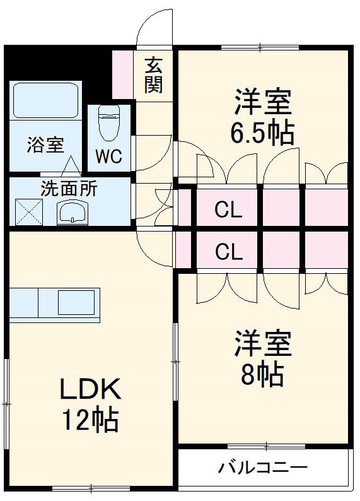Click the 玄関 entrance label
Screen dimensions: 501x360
[153, 74]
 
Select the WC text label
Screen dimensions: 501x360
[108, 156]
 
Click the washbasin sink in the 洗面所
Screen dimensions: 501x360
[74, 213]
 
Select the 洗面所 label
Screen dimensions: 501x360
[69, 187]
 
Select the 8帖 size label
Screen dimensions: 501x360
[262, 375]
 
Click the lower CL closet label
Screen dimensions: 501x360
[228, 252]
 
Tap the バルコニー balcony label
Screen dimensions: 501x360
[263, 468]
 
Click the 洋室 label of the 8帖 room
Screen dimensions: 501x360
[263, 345]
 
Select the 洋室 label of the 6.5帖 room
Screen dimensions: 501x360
[263, 101]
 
